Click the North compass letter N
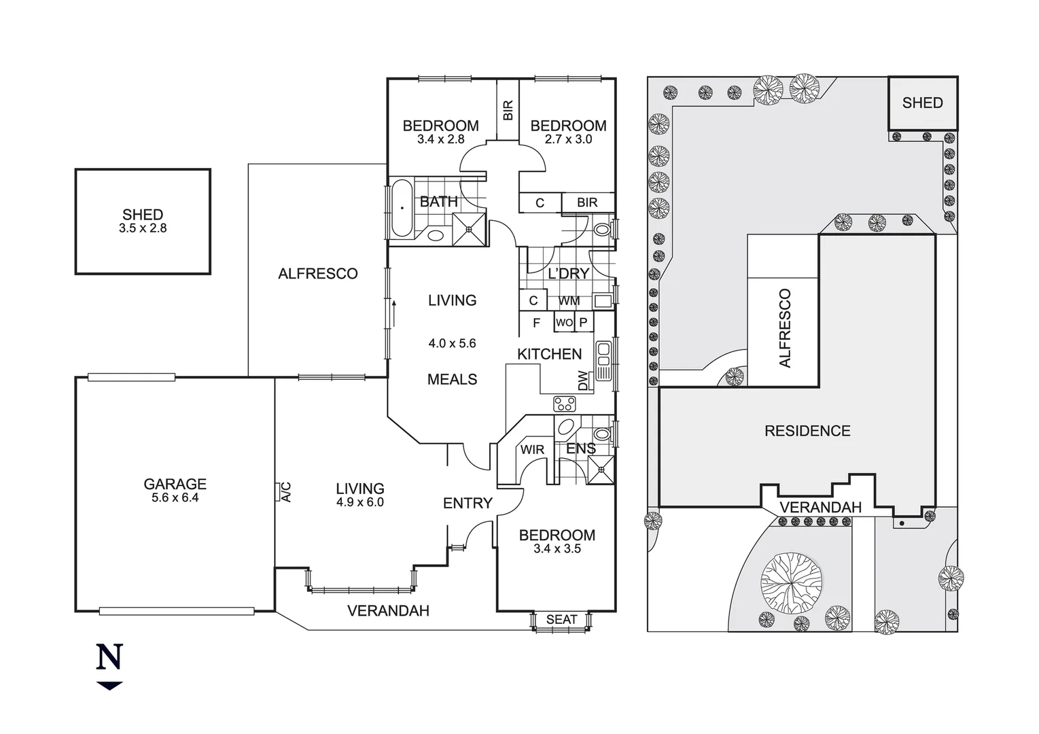[x=109, y=657]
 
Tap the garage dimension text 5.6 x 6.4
[x=175, y=497]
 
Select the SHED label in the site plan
[x=922, y=103]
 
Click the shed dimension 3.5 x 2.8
[x=143, y=228]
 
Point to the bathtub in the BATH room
[x=402, y=208]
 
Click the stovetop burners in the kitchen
[x=565, y=404]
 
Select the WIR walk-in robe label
[x=532, y=450]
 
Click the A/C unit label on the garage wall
[x=286, y=491]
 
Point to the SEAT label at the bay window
[x=561, y=619]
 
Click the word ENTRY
[x=468, y=503]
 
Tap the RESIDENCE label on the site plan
[x=807, y=431]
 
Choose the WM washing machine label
[x=569, y=300]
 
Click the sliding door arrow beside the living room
[x=393, y=313]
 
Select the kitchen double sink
[x=603, y=361]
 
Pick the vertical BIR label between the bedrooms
[x=508, y=110]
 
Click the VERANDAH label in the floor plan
[x=388, y=611]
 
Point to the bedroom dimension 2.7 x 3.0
[x=568, y=139]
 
